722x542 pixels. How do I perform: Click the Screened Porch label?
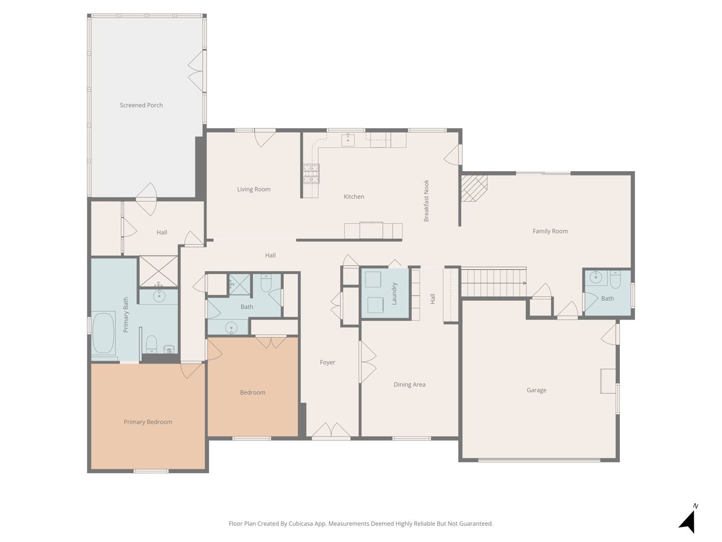tap(141, 106)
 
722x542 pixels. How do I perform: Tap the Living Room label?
tap(254, 189)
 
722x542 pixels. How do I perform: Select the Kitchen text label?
tap(354, 196)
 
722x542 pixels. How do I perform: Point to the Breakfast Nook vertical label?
tap(426, 201)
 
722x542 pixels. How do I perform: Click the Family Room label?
tap(550, 231)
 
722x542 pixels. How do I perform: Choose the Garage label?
tap(536, 390)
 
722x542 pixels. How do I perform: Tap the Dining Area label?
tap(409, 384)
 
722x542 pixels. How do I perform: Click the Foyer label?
tap(327, 362)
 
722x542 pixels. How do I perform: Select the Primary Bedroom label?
tap(148, 422)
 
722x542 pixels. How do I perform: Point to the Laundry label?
tap(394, 294)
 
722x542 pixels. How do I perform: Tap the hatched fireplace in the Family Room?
tap(474, 188)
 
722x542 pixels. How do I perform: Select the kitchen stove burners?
tap(311, 173)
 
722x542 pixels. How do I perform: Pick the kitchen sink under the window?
tap(348, 140)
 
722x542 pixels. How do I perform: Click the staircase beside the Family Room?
tap(494, 282)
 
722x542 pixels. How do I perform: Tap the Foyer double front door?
tap(331, 431)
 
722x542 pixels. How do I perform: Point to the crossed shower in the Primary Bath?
tap(159, 272)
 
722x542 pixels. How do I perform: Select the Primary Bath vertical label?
tap(126, 314)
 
